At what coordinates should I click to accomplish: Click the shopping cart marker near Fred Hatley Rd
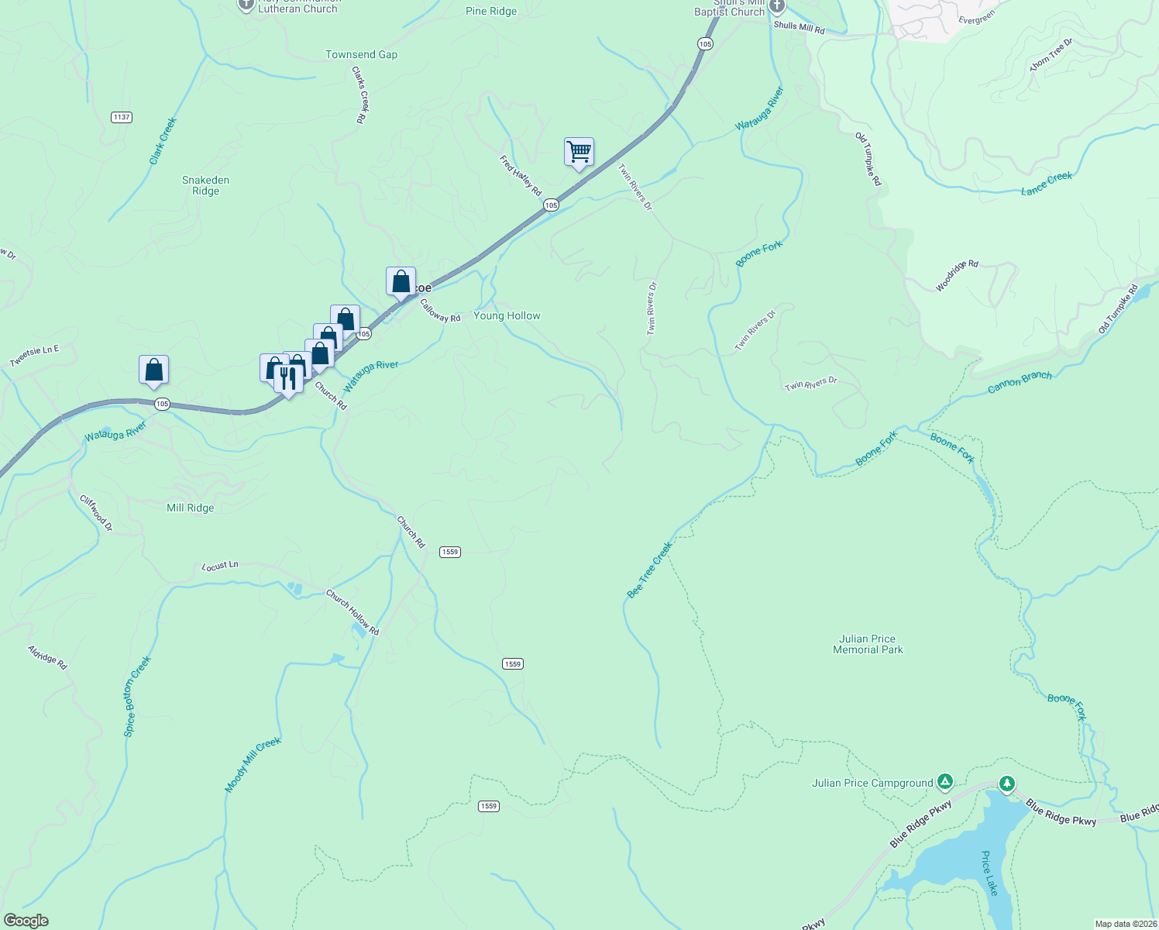coord(579,153)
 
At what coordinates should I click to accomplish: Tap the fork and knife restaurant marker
coord(288,379)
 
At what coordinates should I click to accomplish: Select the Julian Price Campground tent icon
coord(944,782)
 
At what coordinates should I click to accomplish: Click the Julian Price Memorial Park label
coord(867,644)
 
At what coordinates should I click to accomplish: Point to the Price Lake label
coord(990,873)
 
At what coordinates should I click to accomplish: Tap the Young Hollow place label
coord(507,315)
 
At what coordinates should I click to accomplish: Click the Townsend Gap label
coord(361,54)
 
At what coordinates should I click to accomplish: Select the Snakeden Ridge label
coord(205,185)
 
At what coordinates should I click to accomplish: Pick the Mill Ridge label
coord(190,508)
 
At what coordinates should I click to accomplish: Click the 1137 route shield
coord(122,117)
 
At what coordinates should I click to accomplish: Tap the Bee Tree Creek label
coord(649,570)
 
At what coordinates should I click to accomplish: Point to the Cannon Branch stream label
coord(1020,381)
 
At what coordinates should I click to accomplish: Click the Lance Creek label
coord(1046,183)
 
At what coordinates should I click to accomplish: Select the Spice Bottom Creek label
coord(138,696)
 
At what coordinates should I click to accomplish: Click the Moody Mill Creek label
coord(253,765)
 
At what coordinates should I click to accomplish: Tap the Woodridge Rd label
coord(957,275)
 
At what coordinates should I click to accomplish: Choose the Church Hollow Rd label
coord(353,612)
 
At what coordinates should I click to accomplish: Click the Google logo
coord(26,921)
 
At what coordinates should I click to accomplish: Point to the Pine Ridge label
coord(491,11)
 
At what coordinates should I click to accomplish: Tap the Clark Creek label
coord(163,140)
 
